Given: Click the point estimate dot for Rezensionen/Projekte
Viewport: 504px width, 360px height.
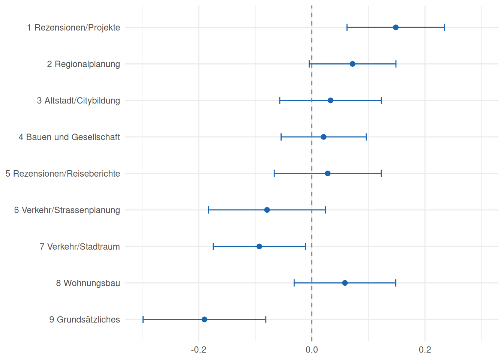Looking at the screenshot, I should click(396, 27).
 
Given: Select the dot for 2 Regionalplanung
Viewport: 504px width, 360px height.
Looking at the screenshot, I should click(352, 64).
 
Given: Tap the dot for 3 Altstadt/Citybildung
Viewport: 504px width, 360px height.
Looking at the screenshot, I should click(330, 100).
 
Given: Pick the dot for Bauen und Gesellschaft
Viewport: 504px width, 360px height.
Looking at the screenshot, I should click(324, 137).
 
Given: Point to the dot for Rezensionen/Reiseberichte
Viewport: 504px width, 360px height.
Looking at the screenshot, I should click(328, 173).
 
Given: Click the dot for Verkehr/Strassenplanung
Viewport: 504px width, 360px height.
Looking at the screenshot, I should click(267, 210).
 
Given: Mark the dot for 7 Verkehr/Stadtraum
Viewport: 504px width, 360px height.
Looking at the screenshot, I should click(259, 246).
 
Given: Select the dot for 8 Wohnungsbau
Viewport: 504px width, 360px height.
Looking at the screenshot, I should click(345, 283).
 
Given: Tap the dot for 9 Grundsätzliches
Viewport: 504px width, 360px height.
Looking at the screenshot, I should click(204, 319).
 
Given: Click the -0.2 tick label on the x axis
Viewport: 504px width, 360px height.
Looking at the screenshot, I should click(199, 350).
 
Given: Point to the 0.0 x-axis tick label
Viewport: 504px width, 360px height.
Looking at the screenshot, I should click(312, 350).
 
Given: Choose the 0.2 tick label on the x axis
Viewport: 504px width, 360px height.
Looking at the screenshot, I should click(425, 350).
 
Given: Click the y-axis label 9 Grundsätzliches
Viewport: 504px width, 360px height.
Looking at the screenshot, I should click(84, 319).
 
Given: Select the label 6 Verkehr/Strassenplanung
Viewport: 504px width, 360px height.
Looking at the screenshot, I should click(67, 210).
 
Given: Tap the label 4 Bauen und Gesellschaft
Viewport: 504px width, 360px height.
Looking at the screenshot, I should click(69, 137).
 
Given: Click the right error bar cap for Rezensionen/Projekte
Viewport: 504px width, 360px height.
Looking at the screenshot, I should click(444, 27).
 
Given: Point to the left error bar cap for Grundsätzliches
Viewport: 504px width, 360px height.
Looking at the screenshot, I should click(143, 319).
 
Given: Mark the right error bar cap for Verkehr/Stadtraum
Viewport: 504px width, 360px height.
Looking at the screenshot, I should click(305, 246).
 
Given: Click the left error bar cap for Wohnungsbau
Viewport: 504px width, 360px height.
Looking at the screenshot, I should click(294, 283).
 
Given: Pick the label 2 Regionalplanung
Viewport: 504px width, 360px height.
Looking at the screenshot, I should click(83, 64).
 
